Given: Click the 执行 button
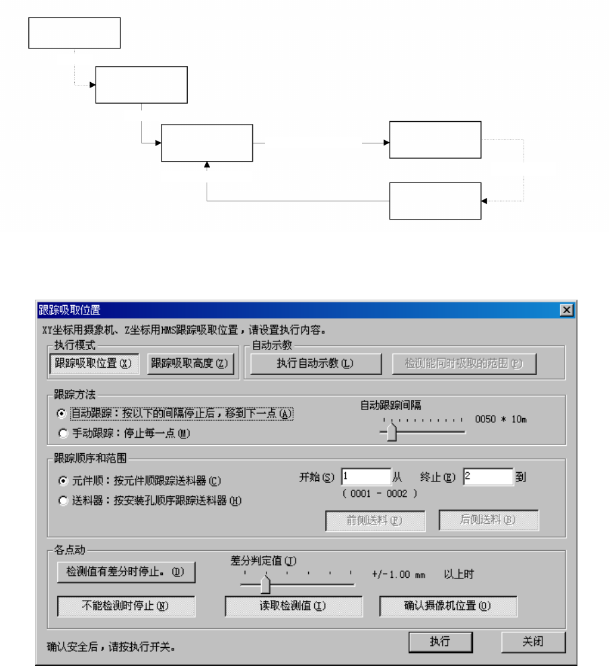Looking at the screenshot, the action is pos(439,642).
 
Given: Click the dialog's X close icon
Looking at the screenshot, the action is pos(567,310).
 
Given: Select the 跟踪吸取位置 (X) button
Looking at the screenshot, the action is pos(94,364).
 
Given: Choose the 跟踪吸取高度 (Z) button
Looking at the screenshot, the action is pos(189,364).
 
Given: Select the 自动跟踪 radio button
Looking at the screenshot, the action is pos(63,413).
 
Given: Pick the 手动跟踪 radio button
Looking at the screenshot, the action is pos(63,434).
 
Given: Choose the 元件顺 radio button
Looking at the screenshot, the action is pos(63,481).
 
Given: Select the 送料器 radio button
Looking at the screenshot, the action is pos(63,500).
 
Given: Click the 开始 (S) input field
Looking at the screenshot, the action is pos(365,477).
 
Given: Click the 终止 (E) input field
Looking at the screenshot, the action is pos(487,477).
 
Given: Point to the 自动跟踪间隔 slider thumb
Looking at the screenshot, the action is pos(392,432).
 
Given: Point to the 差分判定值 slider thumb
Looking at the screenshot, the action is pos(265,584).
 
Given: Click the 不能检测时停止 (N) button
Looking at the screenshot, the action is pos(126,606).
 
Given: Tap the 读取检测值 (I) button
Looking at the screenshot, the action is pos(293,606).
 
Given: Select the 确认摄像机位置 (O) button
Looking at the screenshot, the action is pos(447,606).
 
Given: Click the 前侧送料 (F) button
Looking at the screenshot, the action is pos(375,521).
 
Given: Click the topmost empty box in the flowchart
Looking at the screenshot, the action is pos(74,33).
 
